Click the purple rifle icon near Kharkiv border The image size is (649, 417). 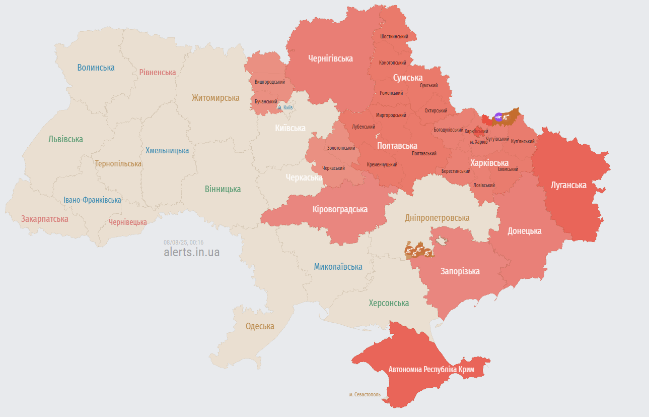click(498, 117)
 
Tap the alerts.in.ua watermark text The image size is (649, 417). click(191, 252)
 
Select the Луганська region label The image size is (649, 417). click(568, 185)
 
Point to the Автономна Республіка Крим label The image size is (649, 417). click(431, 370)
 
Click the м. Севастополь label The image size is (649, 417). click(368, 394)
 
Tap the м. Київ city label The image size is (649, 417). click(285, 107)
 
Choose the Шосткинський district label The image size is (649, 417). click(394, 37)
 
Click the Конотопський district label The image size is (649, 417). click(393, 63)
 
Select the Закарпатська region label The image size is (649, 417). click(44, 219)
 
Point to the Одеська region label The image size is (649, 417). click(260, 326)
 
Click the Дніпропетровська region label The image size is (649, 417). click(437, 218)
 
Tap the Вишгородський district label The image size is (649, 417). click(269, 82)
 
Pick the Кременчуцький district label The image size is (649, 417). click(382, 164)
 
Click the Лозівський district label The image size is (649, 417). click(484, 185)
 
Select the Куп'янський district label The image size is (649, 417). click(522, 141)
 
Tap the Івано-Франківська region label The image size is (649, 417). click(92, 200)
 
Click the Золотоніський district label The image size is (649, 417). click(341, 148)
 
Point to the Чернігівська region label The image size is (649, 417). click(330, 58)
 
